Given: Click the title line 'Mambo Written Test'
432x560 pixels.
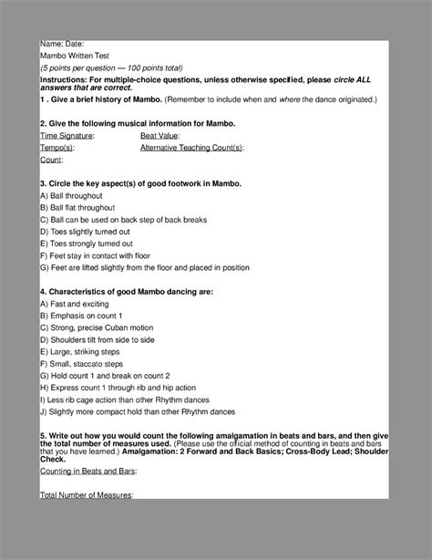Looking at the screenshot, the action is coord(75,56).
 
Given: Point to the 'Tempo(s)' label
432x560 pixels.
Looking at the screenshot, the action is coord(57,147).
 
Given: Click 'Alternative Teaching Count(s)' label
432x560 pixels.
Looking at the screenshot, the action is coord(191,147).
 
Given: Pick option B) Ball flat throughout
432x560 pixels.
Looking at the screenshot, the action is coord(77,208).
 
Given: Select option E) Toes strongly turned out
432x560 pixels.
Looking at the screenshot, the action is coord(87,244).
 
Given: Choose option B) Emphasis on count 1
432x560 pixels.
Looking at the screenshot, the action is coord(83,315).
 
